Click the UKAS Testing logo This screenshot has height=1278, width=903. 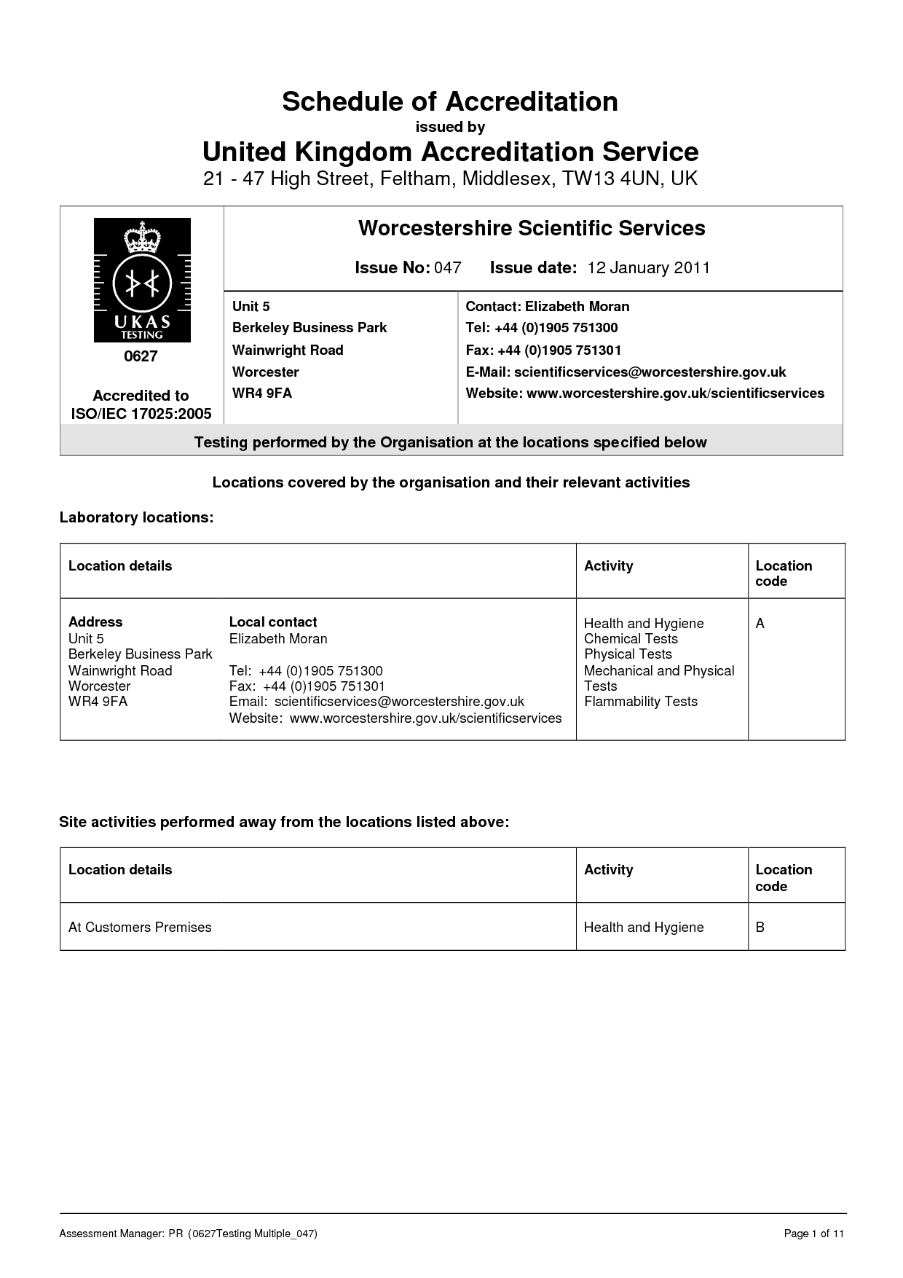pyautogui.click(x=142, y=281)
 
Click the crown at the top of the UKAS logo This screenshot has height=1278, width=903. pyautogui.click(x=142, y=238)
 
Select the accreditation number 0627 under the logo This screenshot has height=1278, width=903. pyautogui.click(x=141, y=356)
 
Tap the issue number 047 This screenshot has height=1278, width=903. pyautogui.click(x=448, y=267)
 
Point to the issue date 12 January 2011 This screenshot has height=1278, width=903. pyautogui.click(x=648, y=267)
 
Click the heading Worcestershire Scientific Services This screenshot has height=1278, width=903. pyautogui.click(x=532, y=228)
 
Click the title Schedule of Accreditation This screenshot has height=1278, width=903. pyautogui.click(x=450, y=101)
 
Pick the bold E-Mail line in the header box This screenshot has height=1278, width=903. pyautogui.click(x=626, y=372)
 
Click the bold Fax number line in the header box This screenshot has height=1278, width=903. pyautogui.click(x=543, y=350)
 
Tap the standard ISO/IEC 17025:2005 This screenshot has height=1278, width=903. pyautogui.click(x=141, y=414)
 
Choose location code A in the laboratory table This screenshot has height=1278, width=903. pyautogui.click(x=760, y=624)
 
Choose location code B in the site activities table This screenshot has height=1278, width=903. pyautogui.click(x=760, y=927)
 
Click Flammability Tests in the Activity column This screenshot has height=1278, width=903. pyautogui.click(x=641, y=701)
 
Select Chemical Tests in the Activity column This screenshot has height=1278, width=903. pyautogui.click(x=631, y=638)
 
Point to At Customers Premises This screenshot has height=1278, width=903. pyautogui.click(x=140, y=927)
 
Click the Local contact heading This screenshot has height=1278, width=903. pyautogui.click(x=273, y=622)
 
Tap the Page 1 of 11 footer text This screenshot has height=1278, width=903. pyautogui.click(x=813, y=1234)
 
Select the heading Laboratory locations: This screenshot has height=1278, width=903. pyautogui.click(x=136, y=517)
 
